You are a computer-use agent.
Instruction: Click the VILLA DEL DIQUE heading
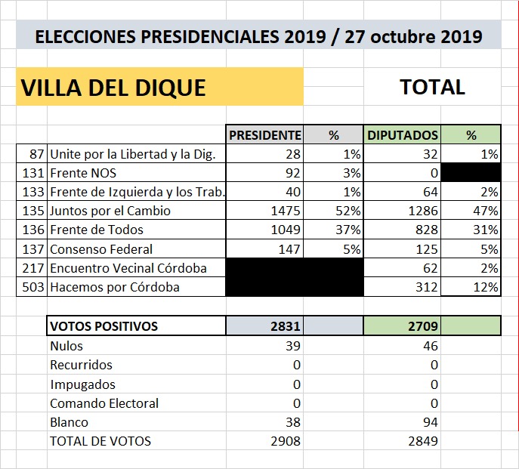pos(113,87)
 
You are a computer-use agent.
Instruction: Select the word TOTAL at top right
pos(432,87)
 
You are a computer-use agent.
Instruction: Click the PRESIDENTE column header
pos(264,135)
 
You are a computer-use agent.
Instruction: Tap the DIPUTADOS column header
pos(403,135)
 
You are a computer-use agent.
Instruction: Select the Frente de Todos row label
pos(96,230)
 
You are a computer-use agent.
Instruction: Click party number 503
pos(34,287)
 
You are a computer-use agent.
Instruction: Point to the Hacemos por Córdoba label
pos(114,287)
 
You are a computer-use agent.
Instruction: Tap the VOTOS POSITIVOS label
pos(103,326)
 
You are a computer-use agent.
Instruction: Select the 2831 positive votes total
pos(285,326)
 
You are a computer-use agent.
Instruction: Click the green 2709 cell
pos(422,326)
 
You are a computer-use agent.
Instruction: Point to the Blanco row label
pos(69,422)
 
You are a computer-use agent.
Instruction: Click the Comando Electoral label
pos(104,403)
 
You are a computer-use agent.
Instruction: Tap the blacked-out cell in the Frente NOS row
pos(471,173)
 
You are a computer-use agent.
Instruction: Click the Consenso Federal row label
pos(101,249)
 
